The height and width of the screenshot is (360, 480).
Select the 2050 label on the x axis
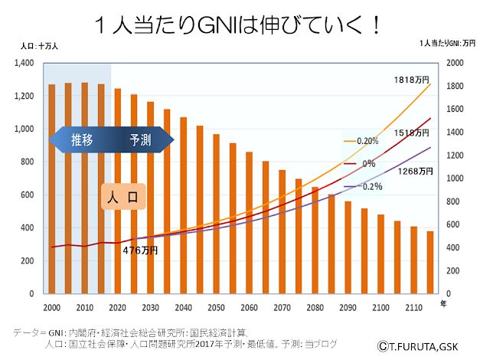[216, 306]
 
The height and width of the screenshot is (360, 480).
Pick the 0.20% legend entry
[367, 141]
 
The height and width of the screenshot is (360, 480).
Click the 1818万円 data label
[410, 80]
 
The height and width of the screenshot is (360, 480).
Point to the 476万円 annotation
[140, 250]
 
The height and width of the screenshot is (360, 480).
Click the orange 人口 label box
[123, 196]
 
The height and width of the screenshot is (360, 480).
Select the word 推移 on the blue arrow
[82, 140]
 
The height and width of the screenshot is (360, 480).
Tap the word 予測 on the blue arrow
[140, 140]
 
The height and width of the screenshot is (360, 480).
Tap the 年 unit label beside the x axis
[442, 304]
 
